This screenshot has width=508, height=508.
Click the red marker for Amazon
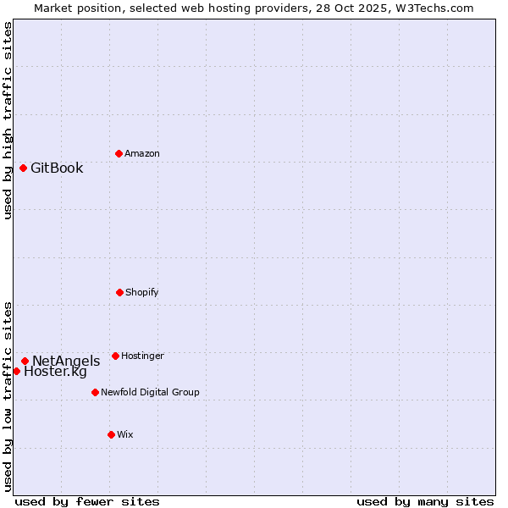click(119, 153)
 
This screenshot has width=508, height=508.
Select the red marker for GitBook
click(23, 168)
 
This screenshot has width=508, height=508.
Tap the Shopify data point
click(119, 292)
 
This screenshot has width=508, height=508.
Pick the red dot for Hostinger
click(115, 356)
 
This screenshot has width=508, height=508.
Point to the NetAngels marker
click(25, 361)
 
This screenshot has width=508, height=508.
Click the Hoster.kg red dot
click(16, 371)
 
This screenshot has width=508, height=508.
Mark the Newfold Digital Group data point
click(95, 392)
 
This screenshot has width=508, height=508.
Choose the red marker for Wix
click(111, 434)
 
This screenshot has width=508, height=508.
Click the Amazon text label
click(142, 153)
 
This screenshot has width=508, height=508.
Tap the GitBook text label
click(57, 168)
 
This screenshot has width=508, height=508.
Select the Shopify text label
click(142, 292)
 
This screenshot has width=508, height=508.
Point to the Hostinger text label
click(142, 356)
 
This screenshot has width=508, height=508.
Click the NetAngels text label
click(66, 361)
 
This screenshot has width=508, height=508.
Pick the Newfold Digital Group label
click(150, 392)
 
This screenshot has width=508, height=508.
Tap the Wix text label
click(125, 434)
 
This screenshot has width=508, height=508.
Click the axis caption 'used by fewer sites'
click(87, 501)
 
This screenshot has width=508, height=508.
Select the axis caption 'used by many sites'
click(425, 501)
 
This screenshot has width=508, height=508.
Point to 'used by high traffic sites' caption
click(8, 120)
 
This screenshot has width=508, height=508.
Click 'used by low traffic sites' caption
click(8, 395)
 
